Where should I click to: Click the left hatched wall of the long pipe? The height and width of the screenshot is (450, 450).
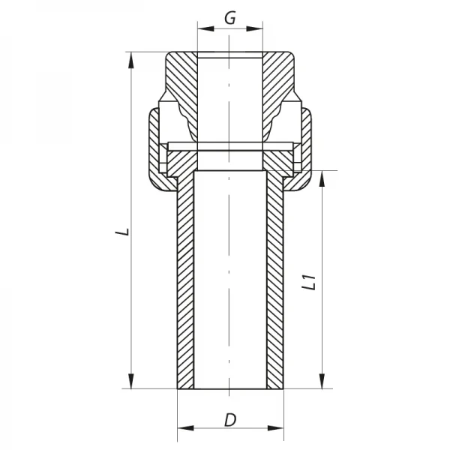point(184,285)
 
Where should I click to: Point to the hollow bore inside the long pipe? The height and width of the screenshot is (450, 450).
point(230,285)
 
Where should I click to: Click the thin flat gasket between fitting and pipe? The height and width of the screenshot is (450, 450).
point(230,145)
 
